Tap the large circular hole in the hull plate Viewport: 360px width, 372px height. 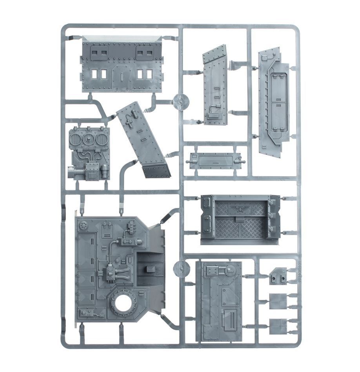(124, 303)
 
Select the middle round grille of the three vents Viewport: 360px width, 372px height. (89, 139)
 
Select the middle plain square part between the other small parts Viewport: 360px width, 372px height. (278, 301)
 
